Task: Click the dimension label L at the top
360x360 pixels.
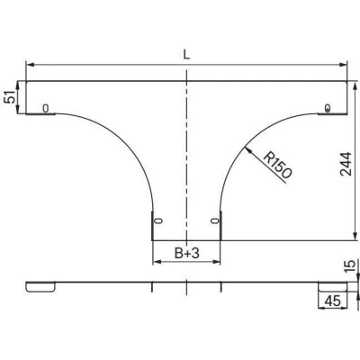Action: point(186,54)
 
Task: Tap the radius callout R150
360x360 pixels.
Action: point(278,166)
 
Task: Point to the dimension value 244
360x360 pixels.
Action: point(346,164)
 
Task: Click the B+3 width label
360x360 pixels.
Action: point(187,254)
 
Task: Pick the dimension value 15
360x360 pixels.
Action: point(350,266)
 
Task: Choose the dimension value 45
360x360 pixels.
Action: point(333,301)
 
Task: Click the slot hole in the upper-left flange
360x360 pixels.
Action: point(45,108)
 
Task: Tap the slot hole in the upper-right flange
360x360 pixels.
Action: point(328,108)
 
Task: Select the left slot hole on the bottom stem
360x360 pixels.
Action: point(158,221)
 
